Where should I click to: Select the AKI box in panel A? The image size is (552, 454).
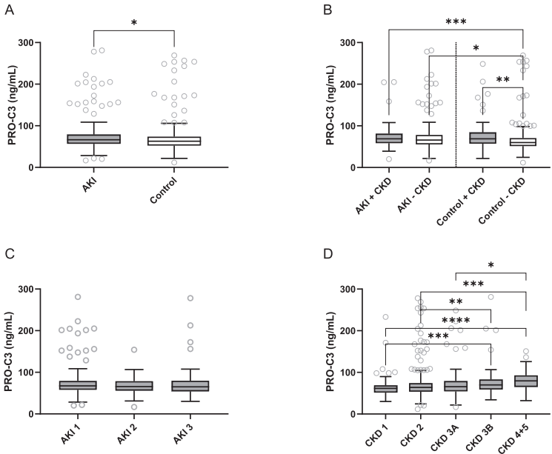94,138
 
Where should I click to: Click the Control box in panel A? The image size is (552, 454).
173,141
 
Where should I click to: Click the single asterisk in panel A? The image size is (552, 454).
133,23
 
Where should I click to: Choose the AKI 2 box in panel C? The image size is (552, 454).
133,386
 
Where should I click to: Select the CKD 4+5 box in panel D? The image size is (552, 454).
526,381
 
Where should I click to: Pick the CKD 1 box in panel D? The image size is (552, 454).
385,389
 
